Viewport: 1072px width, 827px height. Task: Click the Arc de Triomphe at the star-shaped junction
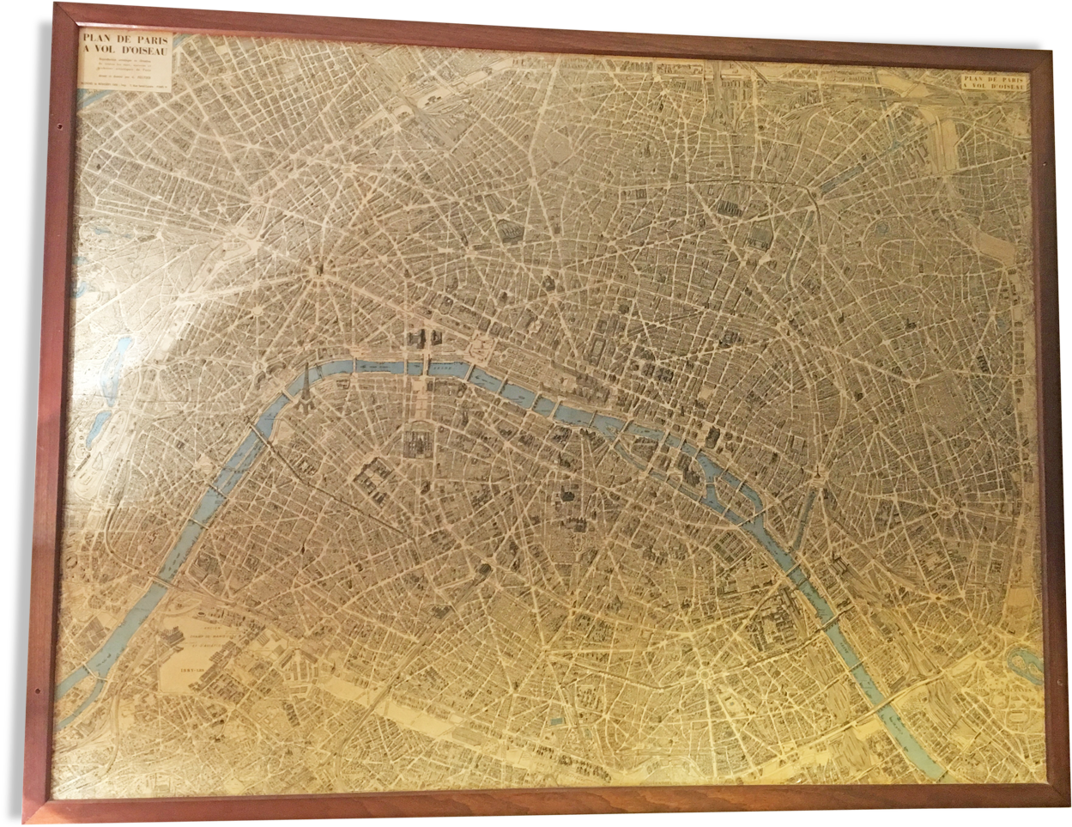[318, 267]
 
